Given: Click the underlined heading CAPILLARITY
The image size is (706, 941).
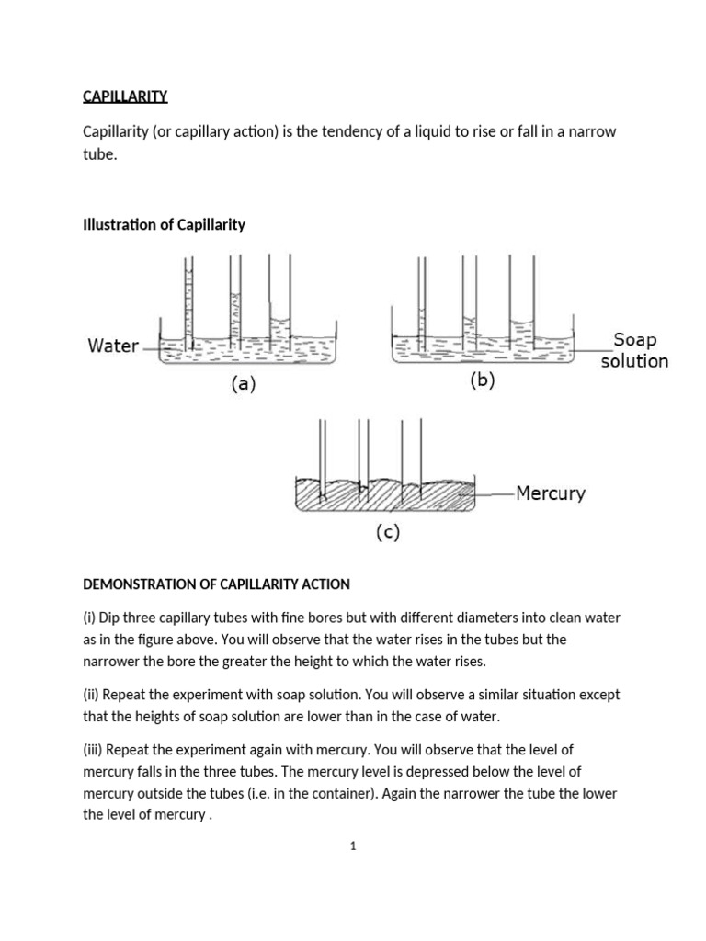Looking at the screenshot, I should (125, 96).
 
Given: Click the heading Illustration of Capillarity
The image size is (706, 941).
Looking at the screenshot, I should (164, 224).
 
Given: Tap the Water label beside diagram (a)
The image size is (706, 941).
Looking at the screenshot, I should (113, 346).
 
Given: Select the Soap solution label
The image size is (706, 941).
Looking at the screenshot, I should (634, 350).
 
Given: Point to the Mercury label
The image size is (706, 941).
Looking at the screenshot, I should (550, 493).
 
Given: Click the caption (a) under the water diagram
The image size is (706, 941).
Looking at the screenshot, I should (243, 385).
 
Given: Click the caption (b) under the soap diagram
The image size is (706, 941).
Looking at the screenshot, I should (482, 380).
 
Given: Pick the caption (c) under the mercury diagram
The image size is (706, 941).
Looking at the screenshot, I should (388, 533).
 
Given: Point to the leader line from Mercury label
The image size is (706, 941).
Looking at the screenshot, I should (495, 494).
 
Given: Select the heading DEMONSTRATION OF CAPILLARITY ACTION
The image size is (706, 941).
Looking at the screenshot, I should (216, 584).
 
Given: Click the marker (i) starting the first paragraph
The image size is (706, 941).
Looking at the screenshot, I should (89, 618).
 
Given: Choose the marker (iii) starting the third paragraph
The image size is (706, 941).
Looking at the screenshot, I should (93, 750).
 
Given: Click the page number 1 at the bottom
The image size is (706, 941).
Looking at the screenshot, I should (352, 846).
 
